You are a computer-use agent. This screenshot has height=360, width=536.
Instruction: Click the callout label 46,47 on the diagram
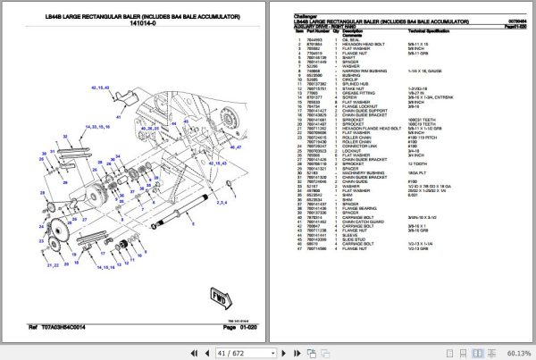pyautogui.click(x=236, y=148)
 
